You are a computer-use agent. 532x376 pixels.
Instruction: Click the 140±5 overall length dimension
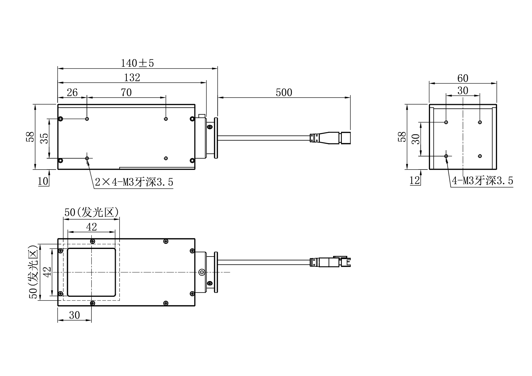[137, 63]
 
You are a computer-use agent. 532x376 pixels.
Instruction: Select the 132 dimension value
[132, 78]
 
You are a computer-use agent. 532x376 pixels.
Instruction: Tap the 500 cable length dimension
[284, 92]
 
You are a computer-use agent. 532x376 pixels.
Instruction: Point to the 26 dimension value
[72, 92]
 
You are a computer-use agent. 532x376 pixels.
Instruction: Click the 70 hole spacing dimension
[126, 92]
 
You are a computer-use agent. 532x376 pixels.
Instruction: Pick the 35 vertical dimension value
[44, 138]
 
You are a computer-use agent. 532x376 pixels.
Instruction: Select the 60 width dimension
[463, 79]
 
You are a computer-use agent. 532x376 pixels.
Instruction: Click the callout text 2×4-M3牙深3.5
[134, 182]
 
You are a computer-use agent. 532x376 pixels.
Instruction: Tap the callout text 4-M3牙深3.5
[482, 181]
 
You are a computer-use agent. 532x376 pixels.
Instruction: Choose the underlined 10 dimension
[43, 181]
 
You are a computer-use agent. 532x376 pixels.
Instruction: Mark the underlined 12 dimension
[415, 180]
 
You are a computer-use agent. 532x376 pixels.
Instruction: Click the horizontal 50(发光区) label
[91, 213]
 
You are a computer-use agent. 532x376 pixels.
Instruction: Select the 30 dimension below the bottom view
[74, 315]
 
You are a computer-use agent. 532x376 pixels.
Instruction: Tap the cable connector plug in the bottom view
[331, 262]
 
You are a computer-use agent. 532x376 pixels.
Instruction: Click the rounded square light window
[91, 272]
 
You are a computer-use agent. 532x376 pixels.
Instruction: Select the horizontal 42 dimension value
[92, 227]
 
